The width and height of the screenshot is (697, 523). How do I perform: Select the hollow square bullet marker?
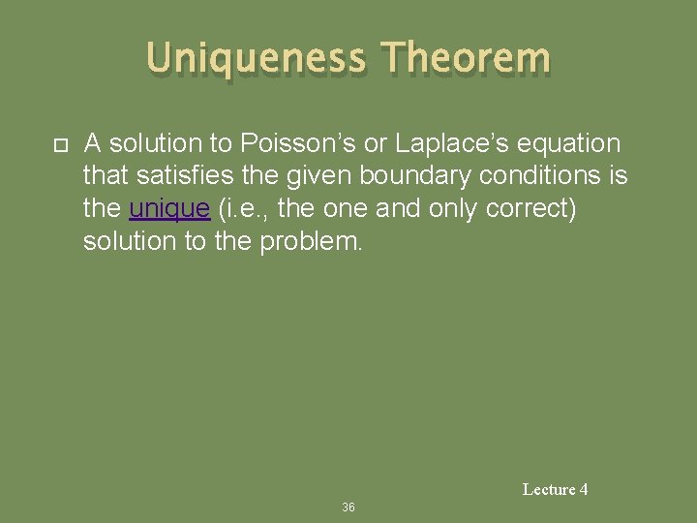click(59, 146)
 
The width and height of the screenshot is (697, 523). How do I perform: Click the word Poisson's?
click(288, 144)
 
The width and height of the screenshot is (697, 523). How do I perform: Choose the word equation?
click(572, 144)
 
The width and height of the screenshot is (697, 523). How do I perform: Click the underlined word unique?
click(169, 209)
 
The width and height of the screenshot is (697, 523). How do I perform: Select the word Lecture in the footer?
click(549, 490)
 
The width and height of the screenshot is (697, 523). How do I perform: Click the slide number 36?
click(348, 508)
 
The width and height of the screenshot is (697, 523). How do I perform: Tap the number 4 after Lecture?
click(584, 490)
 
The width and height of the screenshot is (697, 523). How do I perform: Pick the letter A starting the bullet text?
click(93, 144)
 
